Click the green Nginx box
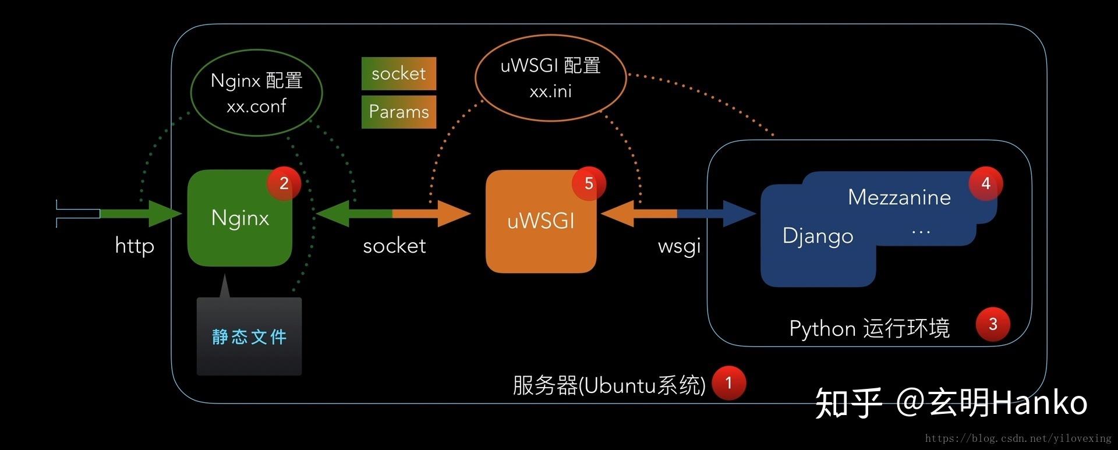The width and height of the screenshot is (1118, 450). coord(239,218)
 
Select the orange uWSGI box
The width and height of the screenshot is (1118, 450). coord(541,221)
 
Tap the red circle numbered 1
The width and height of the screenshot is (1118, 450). coord(728,383)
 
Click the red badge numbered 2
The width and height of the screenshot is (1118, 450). coord(284,183)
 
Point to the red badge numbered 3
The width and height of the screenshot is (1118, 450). coord(993,324)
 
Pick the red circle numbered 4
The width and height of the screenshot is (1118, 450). coord(985,183)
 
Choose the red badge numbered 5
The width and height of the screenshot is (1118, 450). coord(589,184)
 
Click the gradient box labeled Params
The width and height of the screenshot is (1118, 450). coord(399,112)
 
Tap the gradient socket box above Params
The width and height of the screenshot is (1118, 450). coord(399,73)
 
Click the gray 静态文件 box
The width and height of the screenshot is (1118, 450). coord(249,336)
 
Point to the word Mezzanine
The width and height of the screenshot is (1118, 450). coord(899,197)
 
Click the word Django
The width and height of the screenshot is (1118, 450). coord(818,236)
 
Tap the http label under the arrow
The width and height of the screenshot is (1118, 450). coord(135,246)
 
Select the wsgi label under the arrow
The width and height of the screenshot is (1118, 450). coord(679,246)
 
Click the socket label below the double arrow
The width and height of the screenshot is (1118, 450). coord(394,246)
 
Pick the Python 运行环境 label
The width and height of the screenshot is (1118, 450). coord(869,328)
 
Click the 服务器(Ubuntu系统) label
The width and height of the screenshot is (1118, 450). coord(609,385)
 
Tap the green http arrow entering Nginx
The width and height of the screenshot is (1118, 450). coord(140,214)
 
